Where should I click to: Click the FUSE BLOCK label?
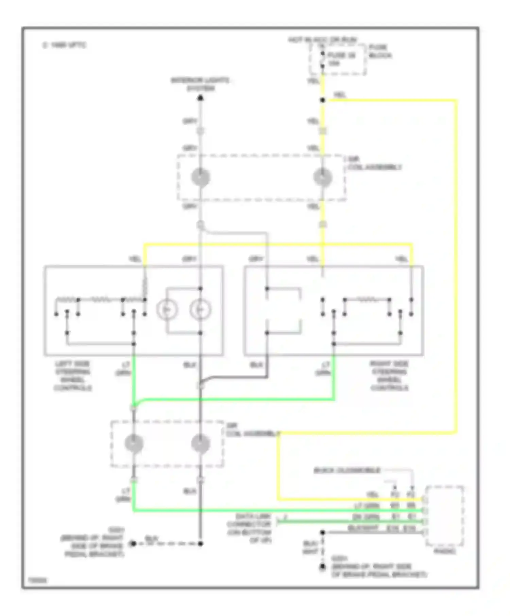pos(380,51)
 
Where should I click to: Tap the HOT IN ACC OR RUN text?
pos(322,40)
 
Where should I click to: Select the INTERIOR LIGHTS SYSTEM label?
pos(200,85)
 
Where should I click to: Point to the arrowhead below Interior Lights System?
pos(201,98)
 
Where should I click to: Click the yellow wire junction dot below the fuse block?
pos(323,100)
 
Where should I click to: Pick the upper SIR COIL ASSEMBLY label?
pos(374,163)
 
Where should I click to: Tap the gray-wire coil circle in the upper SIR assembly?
pos(201,177)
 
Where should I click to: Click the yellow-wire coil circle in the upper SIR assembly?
pos(323,177)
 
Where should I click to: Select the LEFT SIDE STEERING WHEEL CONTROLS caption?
pos(73,376)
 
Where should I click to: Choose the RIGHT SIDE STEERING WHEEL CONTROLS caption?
pos(389,376)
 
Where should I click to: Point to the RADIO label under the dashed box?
pos(445,551)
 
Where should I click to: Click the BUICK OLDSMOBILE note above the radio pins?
pos(347,471)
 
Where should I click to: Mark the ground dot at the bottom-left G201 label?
pos(133,544)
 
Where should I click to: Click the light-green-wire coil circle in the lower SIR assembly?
pos(134,443)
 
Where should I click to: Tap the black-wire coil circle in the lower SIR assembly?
pos(201,443)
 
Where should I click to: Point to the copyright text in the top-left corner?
pos(65,45)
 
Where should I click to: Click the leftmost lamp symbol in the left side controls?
pos(167,310)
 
